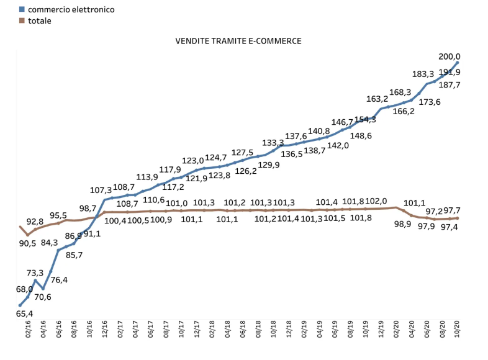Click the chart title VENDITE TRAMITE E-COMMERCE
pos(238,41)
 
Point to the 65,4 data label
pos(24,314)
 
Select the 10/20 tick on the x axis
pos(457,329)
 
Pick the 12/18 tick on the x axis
pos(289,329)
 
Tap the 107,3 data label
pos(101,190)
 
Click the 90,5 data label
pos(28,243)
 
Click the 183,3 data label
pos(425,74)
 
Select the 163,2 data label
pos(377,99)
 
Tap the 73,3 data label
pos(35,272)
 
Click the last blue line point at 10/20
pos(458,62)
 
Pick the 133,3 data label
pos(273,143)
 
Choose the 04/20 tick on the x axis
pos(412,329)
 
